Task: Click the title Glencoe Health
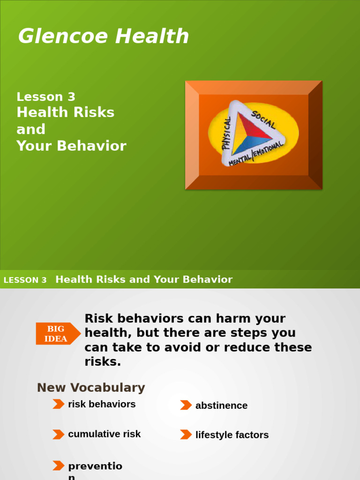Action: click(x=103, y=37)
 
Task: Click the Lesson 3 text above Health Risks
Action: click(x=46, y=97)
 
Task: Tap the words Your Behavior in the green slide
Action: click(x=71, y=146)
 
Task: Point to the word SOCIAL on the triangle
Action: click(x=263, y=120)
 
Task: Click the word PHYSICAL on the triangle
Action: click(x=227, y=134)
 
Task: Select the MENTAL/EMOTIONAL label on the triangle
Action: click(x=256, y=154)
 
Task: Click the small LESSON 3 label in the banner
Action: click(x=25, y=280)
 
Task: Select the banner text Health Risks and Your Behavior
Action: click(x=144, y=279)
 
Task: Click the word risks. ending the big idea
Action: click(x=103, y=362)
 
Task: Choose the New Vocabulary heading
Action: click(x=91, y=388)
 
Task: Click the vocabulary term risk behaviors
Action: click(x=102, y=404)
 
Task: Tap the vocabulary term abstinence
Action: click(x=221, y=405)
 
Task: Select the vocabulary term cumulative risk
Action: click(x=104, y=434)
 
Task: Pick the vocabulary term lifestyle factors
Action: click(x=232, y=435)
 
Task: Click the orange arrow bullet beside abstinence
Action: click(x=186, y=405)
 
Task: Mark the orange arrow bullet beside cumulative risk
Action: click(x=58, y=434)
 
